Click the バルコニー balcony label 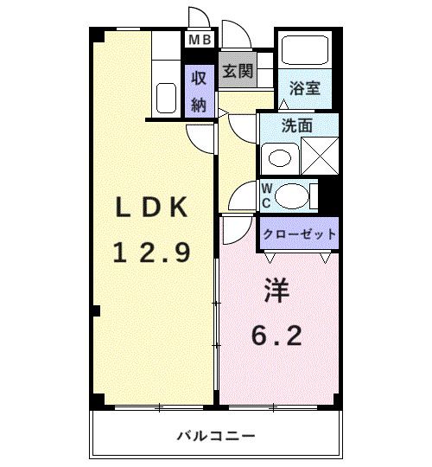[x=216, y=434]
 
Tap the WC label [x=266, y=195]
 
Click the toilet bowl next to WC [x=292, y=195]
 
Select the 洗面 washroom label [x=298, y=125]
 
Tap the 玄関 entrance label [x=236, y=71]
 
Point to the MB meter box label [x=200, y=40]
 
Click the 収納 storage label [x=198, y=91]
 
